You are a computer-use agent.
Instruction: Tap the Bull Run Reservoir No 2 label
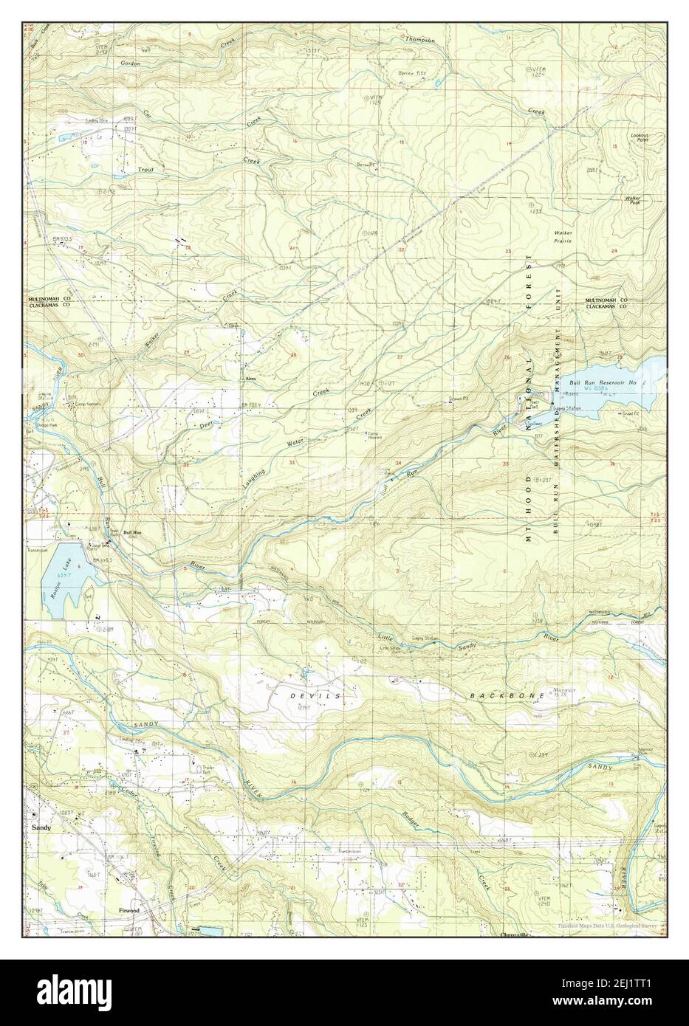[602, 384]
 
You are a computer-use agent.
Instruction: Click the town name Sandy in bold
[41, 828]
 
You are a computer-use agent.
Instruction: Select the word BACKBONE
[501, 696]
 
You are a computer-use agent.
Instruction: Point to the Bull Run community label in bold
[132, 532]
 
